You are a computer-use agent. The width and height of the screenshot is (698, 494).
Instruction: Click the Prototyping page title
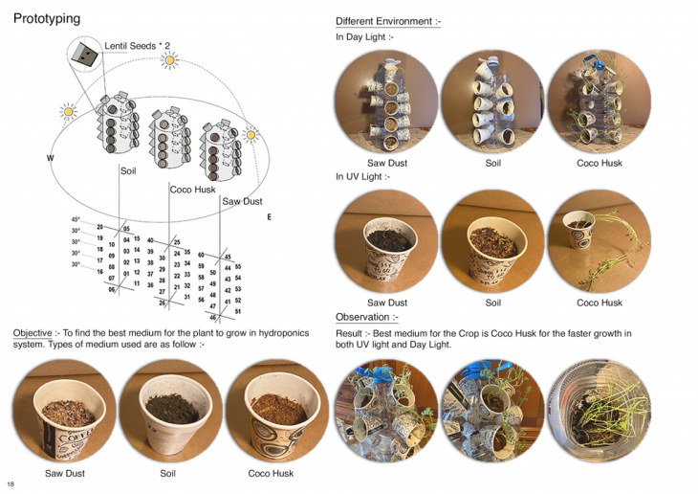pyautogui.click(x=47, y=18)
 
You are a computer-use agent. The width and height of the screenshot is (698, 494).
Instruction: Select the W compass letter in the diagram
pyautogui.click(x=49, y=157)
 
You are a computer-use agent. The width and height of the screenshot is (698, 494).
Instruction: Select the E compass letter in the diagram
pyautogui.click(x=270, y=217)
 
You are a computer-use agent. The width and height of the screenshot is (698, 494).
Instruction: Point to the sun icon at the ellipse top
pyautogui.click(x=170, y=61)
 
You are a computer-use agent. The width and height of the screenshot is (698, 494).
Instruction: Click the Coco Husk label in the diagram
pyautogui.click(x=192, y=190)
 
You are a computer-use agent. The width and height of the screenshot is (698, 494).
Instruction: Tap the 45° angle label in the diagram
pyautogui.click(x=76, y=220)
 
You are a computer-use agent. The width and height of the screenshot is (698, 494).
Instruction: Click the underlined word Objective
pyautogui.click(x=33, y=333)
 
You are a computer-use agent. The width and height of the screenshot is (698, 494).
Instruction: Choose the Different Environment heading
pyautogui.click(x=388, y=21)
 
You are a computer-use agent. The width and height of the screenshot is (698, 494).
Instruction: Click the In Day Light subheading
pyautogui.click(x=363, y=37)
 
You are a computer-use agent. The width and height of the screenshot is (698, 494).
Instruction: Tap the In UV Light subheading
pyautogui.click(x=362, y=176)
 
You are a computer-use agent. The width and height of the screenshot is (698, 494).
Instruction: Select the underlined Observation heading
pyautogui.click(x=366, y=317)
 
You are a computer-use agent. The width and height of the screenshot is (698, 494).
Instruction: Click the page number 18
pyautogui.click(x=11, y=484)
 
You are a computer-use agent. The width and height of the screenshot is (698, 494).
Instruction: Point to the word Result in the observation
pyautogui.click(x=349, y=333)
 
